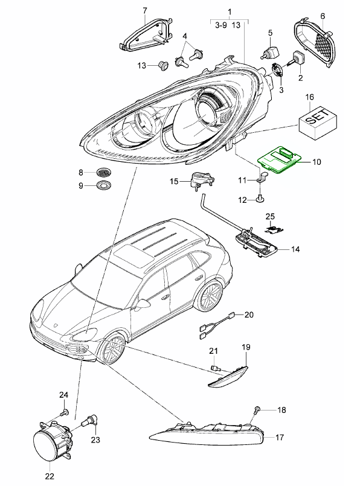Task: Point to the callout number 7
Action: coord(145,11)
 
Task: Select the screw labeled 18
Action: coord(256,411)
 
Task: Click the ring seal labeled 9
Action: coord(104,186)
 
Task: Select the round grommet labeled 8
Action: coord(104,173)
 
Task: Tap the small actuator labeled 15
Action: coord(202,180)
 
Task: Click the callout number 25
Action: coord(270,216)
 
